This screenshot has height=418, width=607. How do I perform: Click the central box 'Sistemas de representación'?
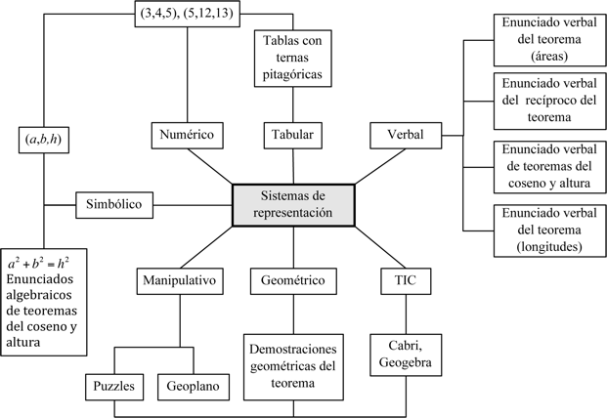coord(293,205)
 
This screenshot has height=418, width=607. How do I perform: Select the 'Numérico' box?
coord(188,136)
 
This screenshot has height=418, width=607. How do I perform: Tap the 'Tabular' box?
coord(293,136)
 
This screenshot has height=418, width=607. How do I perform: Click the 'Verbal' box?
coord(406,136)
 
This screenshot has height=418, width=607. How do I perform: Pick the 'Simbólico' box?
coord(114,205)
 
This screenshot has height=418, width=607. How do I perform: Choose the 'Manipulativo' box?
coord(180,281)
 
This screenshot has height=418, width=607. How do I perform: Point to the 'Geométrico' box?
coord(293,281)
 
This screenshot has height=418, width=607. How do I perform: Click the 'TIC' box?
coord(406,281)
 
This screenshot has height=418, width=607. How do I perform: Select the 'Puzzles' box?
coord(114,387)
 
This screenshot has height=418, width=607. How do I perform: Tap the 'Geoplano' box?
coord(194,387)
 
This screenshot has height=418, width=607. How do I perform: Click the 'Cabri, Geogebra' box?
coord(406,355)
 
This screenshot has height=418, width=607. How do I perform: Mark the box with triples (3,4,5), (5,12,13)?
coord(188,14)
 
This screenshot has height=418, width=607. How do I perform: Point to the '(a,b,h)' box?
coord(44,140)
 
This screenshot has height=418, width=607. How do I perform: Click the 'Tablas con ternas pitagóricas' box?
coord(293,58)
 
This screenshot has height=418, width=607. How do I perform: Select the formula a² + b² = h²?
coord(39,264)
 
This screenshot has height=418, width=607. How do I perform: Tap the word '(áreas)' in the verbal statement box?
coord(549,57)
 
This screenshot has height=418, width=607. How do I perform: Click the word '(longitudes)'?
coord(549,247)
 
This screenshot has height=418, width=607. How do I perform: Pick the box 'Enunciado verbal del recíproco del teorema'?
coord(549,101)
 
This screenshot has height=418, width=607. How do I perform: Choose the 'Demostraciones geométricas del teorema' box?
coord(293,367)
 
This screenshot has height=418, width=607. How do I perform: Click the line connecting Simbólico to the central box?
coord(193,205)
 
